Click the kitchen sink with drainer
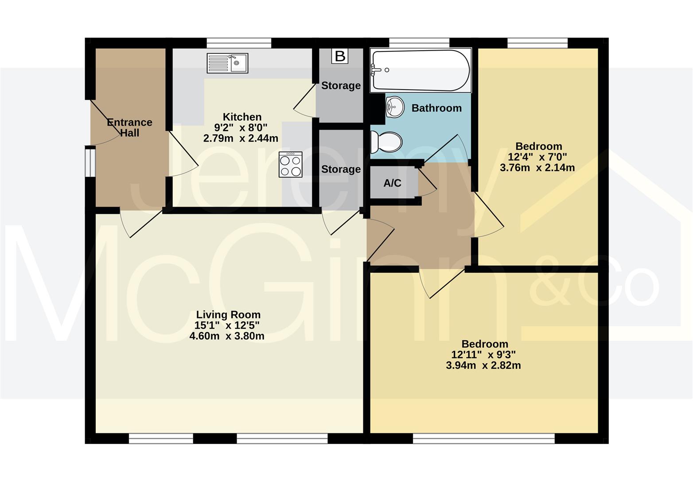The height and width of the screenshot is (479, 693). coord(227,63)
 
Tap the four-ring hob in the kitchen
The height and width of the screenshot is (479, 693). coord(290,165)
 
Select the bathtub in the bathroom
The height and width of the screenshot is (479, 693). coord(421,70)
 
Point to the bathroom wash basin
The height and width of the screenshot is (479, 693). coord(395,107)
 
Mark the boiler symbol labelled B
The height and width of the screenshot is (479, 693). coord(340,56)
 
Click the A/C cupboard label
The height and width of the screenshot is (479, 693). coord(392,183)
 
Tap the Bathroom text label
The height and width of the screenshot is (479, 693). coord(436,108)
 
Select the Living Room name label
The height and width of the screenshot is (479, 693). coord(228,314)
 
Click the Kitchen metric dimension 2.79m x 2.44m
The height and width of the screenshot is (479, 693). coord(241,138)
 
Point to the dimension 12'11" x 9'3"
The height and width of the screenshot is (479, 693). coord(483,354)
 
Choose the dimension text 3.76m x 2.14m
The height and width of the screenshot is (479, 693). coord(537,168)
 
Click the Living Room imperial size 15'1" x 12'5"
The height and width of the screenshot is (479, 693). coord(227,326)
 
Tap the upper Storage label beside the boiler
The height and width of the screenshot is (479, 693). coord(341,86)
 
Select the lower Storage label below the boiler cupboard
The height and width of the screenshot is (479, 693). coord(341,169)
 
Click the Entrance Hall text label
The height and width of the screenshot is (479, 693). coord(130,128)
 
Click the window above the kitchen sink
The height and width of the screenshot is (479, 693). coord(239,43)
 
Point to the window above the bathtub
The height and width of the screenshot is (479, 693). coord(419,43)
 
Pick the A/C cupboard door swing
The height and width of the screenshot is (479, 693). coord(427,183)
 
